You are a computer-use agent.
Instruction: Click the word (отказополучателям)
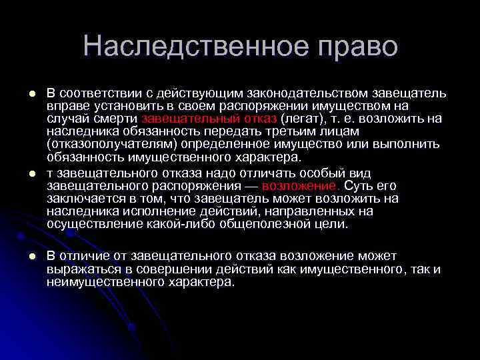pos(110,144)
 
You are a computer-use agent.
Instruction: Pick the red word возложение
pos(301,186)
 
